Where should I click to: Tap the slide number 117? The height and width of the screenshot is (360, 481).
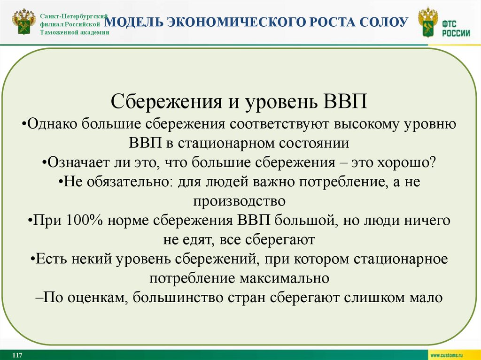click(x=18, y=354)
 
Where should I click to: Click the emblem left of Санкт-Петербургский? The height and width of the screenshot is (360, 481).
click(x=23, y=23)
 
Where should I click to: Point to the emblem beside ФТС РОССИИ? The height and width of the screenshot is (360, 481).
click(x=427, y=23)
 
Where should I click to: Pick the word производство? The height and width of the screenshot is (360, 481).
click(x=239, y=201)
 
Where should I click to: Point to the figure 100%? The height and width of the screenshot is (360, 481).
click(x=84, y=220)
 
